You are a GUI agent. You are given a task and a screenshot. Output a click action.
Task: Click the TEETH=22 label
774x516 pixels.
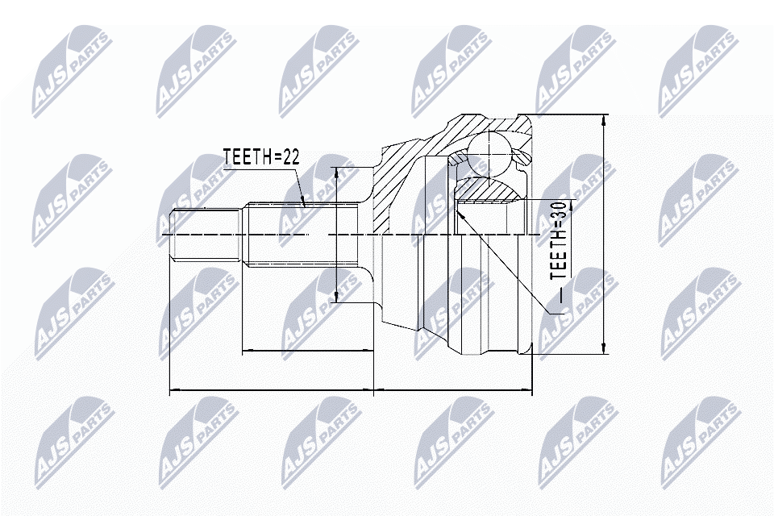(x=261, y=156)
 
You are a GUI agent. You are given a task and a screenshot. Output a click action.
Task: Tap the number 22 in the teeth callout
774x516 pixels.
(x=291, y=156)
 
